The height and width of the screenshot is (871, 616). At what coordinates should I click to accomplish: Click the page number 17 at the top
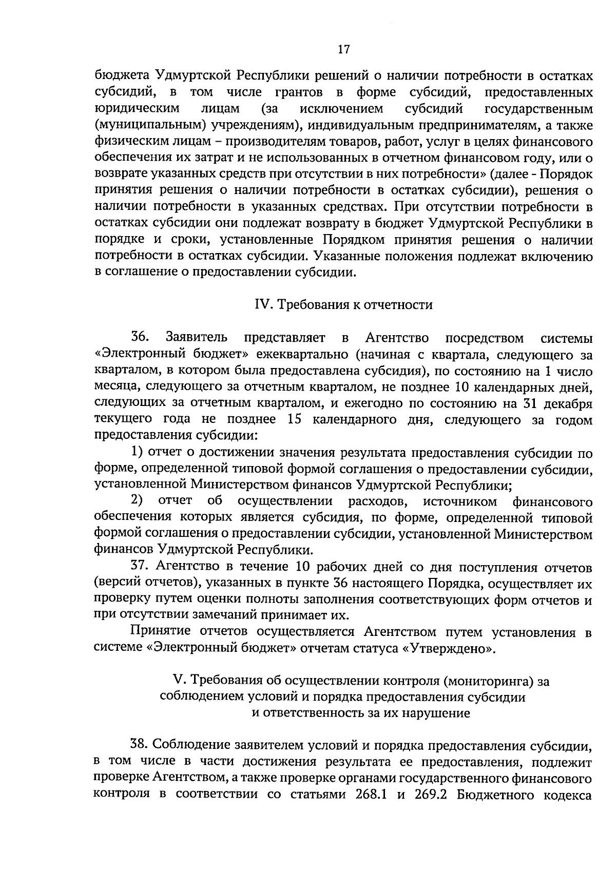(x=344, y=49)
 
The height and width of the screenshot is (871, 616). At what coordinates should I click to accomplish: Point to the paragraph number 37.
(x=140, y=567)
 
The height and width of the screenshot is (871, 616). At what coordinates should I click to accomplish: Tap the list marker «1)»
(x=138, y=452)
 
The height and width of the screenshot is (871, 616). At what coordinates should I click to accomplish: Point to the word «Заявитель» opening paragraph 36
(x=197, y=338)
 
